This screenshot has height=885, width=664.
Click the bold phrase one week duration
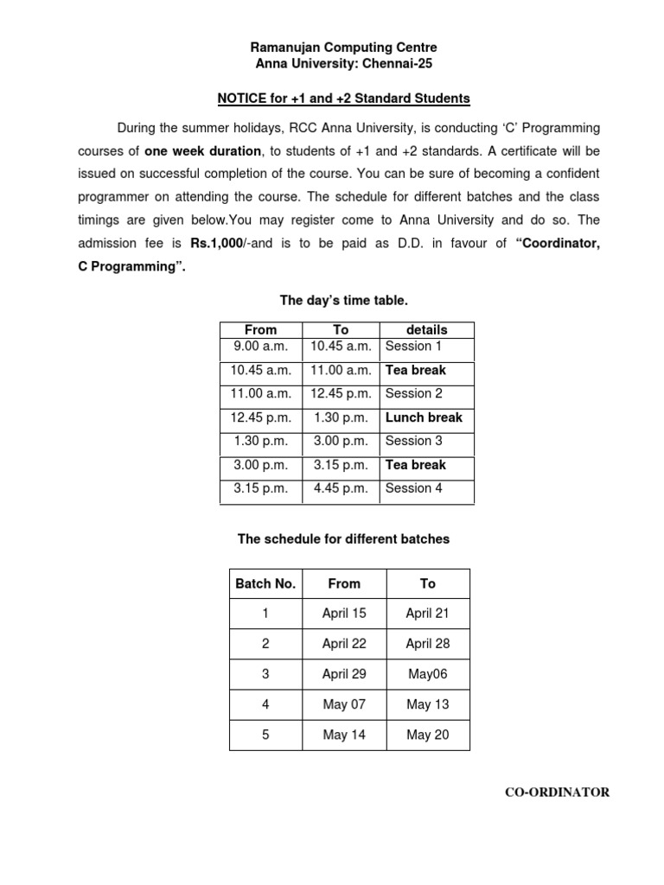pos(209,150)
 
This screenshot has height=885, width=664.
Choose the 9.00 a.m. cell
pos(260,346)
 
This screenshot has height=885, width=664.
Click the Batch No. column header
pos(265,583)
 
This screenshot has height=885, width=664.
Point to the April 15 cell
pos(344,614)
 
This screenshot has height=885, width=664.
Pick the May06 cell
pos(428,674)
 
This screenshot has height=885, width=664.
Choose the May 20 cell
pos(428,735)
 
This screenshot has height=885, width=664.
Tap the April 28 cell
pos(428,644)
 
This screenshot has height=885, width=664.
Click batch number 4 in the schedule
pos(265,704)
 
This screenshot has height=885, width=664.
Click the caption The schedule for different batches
pos(343,538)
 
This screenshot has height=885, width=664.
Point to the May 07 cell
pos(344,704)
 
